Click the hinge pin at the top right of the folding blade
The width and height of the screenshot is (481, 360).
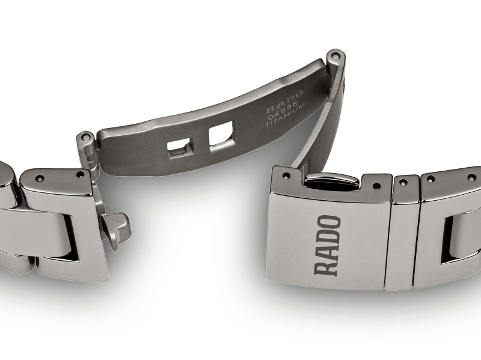334,56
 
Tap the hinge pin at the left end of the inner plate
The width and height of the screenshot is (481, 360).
86,138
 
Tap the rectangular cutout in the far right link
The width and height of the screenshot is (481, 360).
457,240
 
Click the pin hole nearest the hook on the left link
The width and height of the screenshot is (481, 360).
80,174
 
